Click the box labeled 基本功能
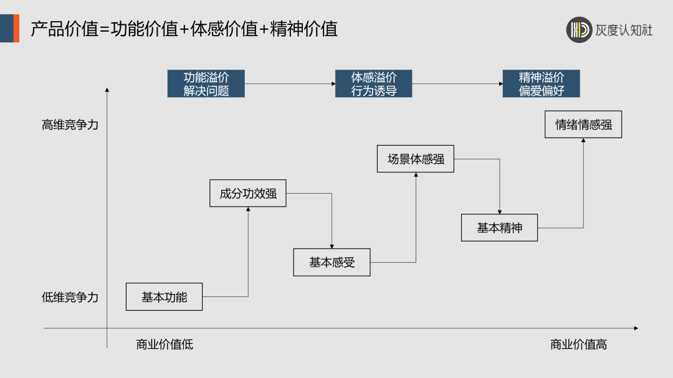(165, 297)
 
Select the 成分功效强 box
(248, 193)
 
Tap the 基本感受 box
(332, 262)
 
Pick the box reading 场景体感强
(416, 159)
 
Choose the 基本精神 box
(499, 228)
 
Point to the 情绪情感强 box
(583, 125)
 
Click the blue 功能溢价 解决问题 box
(206, 84)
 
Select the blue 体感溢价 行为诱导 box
(373, 84)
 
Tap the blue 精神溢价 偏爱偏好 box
(541, 84)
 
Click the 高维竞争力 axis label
(70, 125)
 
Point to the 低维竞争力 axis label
(70, 298)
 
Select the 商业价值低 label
(165, 344)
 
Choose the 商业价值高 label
(578, 344)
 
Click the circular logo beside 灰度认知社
(579, 30)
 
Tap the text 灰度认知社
(624, 30)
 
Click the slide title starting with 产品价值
(184, 29)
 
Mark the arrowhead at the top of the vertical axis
(107, 91)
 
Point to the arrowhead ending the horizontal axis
(636, 328)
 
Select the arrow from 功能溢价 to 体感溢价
(290, 84)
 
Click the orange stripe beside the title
(16, 29)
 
